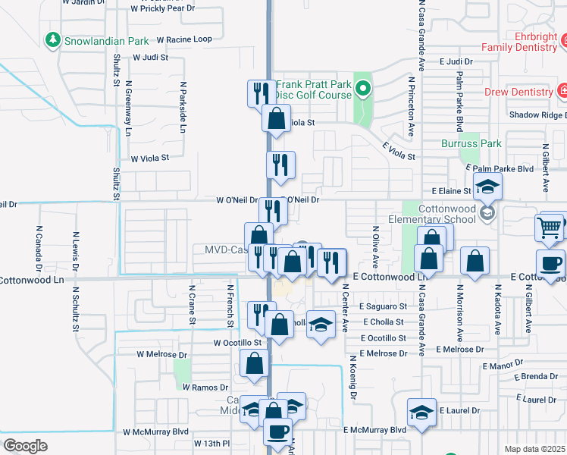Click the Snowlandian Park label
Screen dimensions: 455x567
coord(105,40)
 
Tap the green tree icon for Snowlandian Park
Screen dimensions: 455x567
coord(53,39)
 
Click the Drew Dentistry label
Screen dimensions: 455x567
coord(519,93)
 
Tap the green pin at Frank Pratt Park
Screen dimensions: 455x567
coord(363,90)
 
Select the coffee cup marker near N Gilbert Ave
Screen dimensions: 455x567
coord(551,262)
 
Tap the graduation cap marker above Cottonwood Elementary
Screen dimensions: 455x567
coord(488,185)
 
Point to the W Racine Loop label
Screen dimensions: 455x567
coord(184,39)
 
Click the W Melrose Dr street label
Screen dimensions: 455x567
coord(161,354)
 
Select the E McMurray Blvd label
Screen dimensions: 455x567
coord(374,429)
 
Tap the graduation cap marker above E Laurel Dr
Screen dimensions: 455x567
coord(422,413)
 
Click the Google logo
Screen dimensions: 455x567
coord(26,445)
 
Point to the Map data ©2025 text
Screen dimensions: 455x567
coord(535,449)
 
